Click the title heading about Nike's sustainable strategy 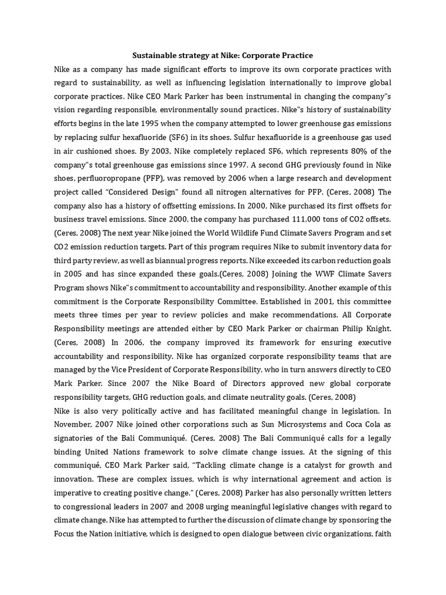[222, 55]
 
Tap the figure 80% [345, 151]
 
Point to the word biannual [172, 260]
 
